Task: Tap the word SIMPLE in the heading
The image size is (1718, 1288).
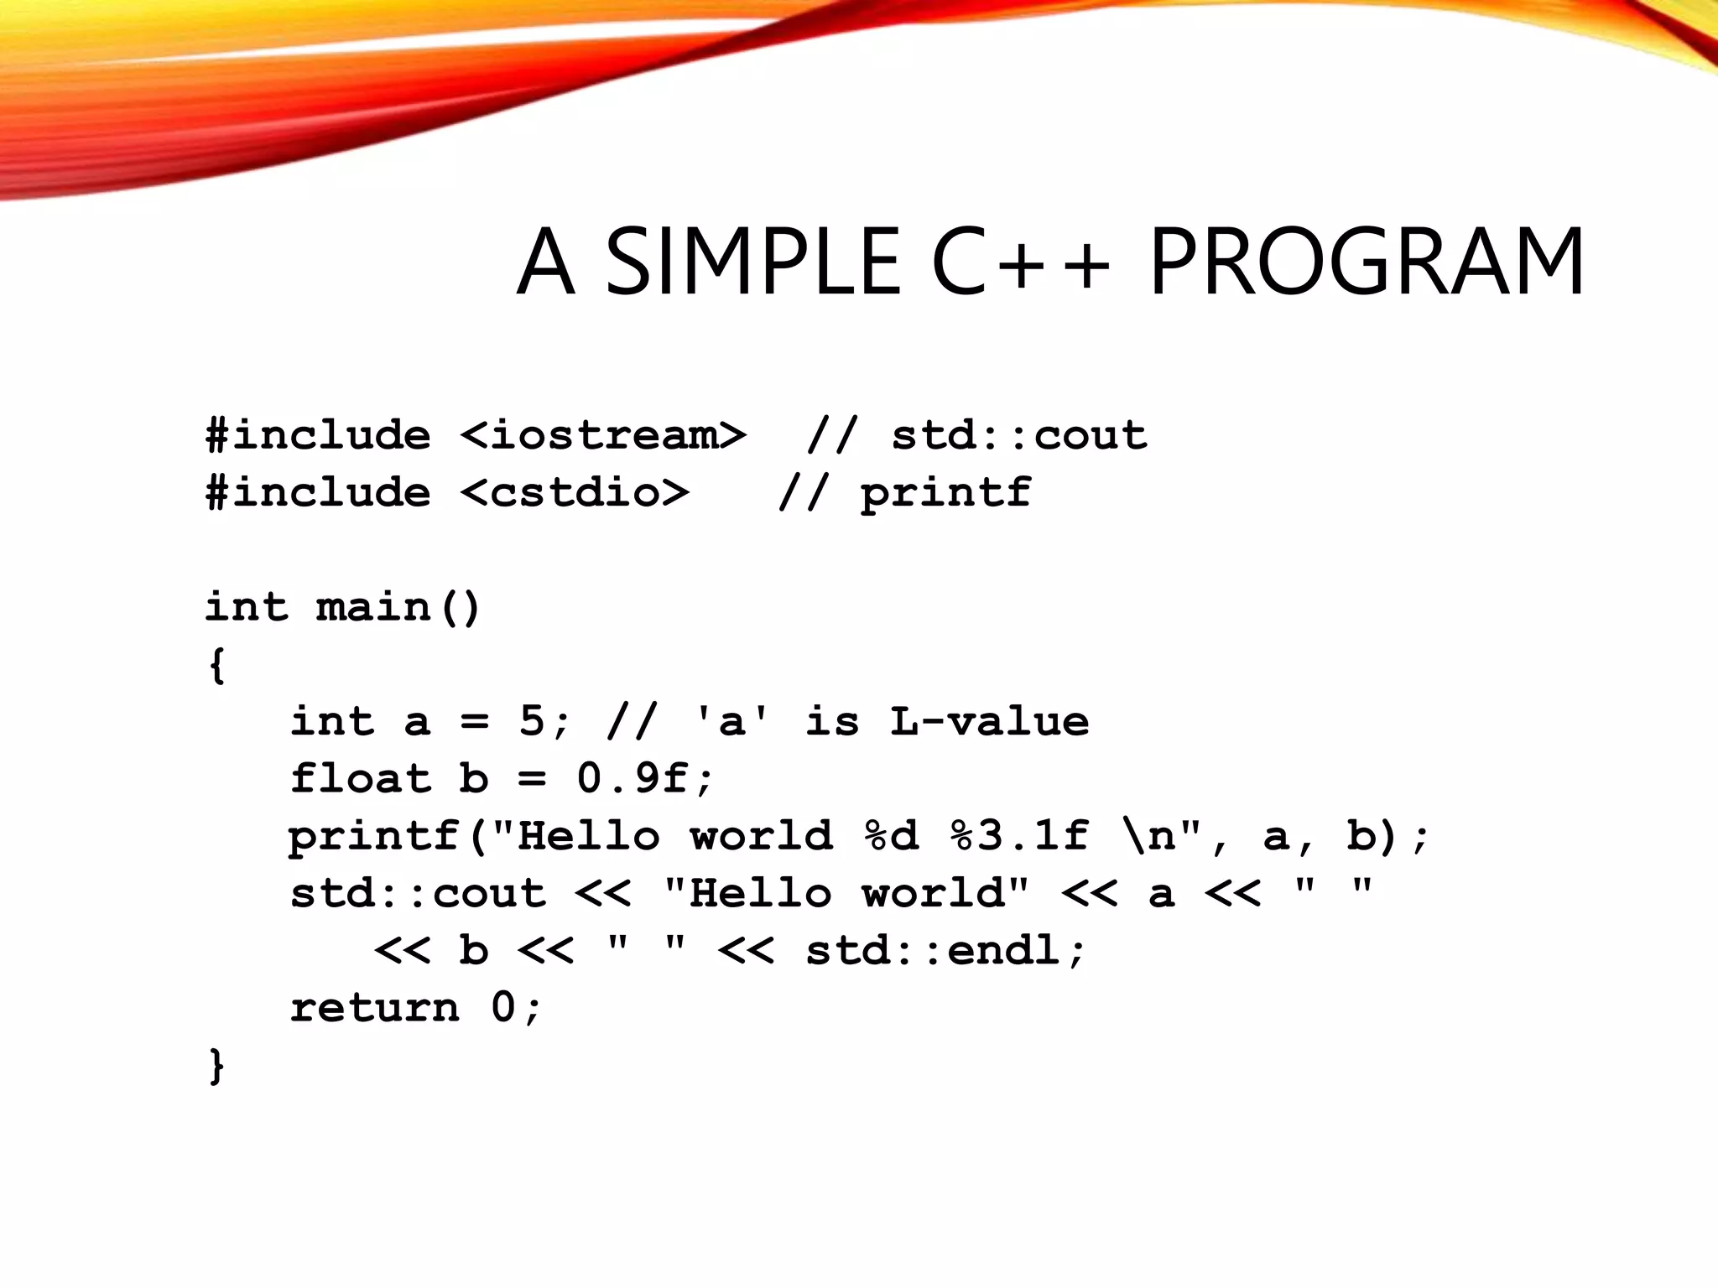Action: (752, 262)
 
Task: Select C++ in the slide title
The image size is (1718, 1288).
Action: (1020, 262)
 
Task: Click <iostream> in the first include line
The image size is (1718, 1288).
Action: (602, 435)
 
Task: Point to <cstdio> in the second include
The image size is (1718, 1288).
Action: (575, 492)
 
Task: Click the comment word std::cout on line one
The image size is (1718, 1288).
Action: (1018, 435)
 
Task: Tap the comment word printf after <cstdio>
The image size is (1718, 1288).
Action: (945, 492)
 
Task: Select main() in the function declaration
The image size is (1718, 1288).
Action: (398, 606)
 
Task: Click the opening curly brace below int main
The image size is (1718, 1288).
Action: (216, 665)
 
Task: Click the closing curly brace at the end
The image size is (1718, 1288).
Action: (216, 1066)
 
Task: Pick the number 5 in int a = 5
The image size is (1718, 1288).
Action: (531, 721)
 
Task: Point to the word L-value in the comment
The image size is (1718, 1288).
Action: (989, 721)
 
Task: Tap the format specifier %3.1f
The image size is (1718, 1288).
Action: (1019, 836)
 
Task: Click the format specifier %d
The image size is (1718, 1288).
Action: (892, 836)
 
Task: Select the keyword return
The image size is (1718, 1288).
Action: (375, 1007)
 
